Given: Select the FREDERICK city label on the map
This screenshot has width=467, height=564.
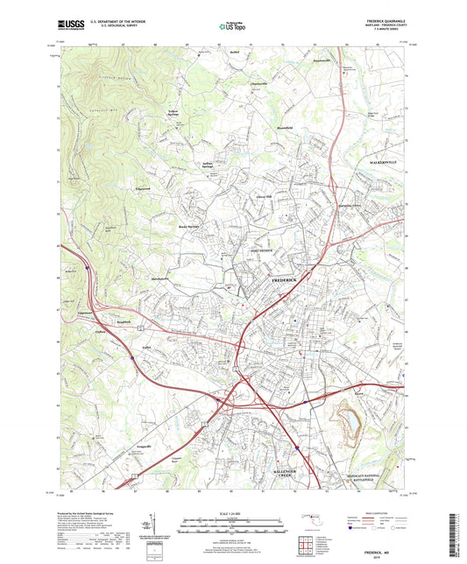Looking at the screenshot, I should coord(287,278).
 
